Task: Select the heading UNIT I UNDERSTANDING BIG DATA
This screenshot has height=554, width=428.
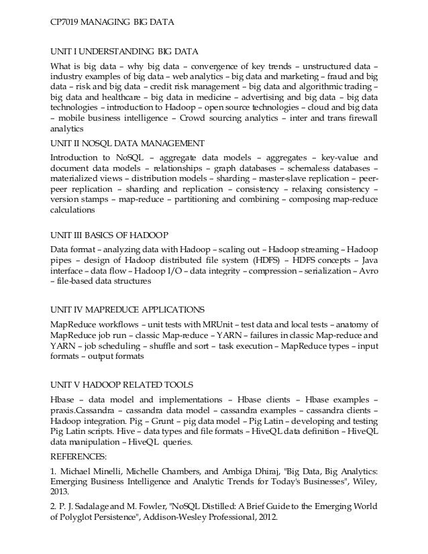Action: coord(124,50)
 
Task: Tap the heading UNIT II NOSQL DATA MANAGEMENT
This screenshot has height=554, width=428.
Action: coord(127,143)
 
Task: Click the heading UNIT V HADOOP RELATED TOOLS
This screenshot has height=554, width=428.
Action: coord(122,384)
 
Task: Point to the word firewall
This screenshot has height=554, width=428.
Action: coord(361,117)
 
